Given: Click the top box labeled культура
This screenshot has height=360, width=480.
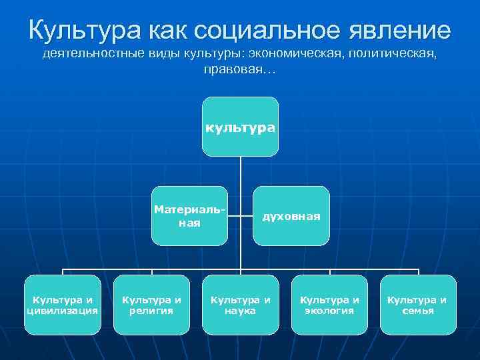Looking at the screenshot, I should point(240,127).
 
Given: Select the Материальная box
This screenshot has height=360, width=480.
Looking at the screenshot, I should point(189,216).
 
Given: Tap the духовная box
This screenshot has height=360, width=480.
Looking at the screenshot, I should point(291,216).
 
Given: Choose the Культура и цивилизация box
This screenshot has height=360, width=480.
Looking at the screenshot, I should point(63,305).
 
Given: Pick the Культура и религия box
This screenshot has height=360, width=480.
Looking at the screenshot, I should point(152,305).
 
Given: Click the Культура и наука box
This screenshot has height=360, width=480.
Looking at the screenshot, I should point(241,305).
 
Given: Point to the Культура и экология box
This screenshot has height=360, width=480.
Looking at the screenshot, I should point(329,305).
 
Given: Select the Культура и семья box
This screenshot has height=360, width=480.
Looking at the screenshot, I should point(418,305).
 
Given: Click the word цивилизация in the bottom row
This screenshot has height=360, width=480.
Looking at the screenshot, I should point(63,311).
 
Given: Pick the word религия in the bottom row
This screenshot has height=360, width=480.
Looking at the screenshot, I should point(152,311).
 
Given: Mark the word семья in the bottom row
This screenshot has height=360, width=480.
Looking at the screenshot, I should point(418,311).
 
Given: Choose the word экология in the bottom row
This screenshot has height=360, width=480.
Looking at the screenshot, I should point(329,311).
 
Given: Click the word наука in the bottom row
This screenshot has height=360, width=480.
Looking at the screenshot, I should point(241,311).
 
